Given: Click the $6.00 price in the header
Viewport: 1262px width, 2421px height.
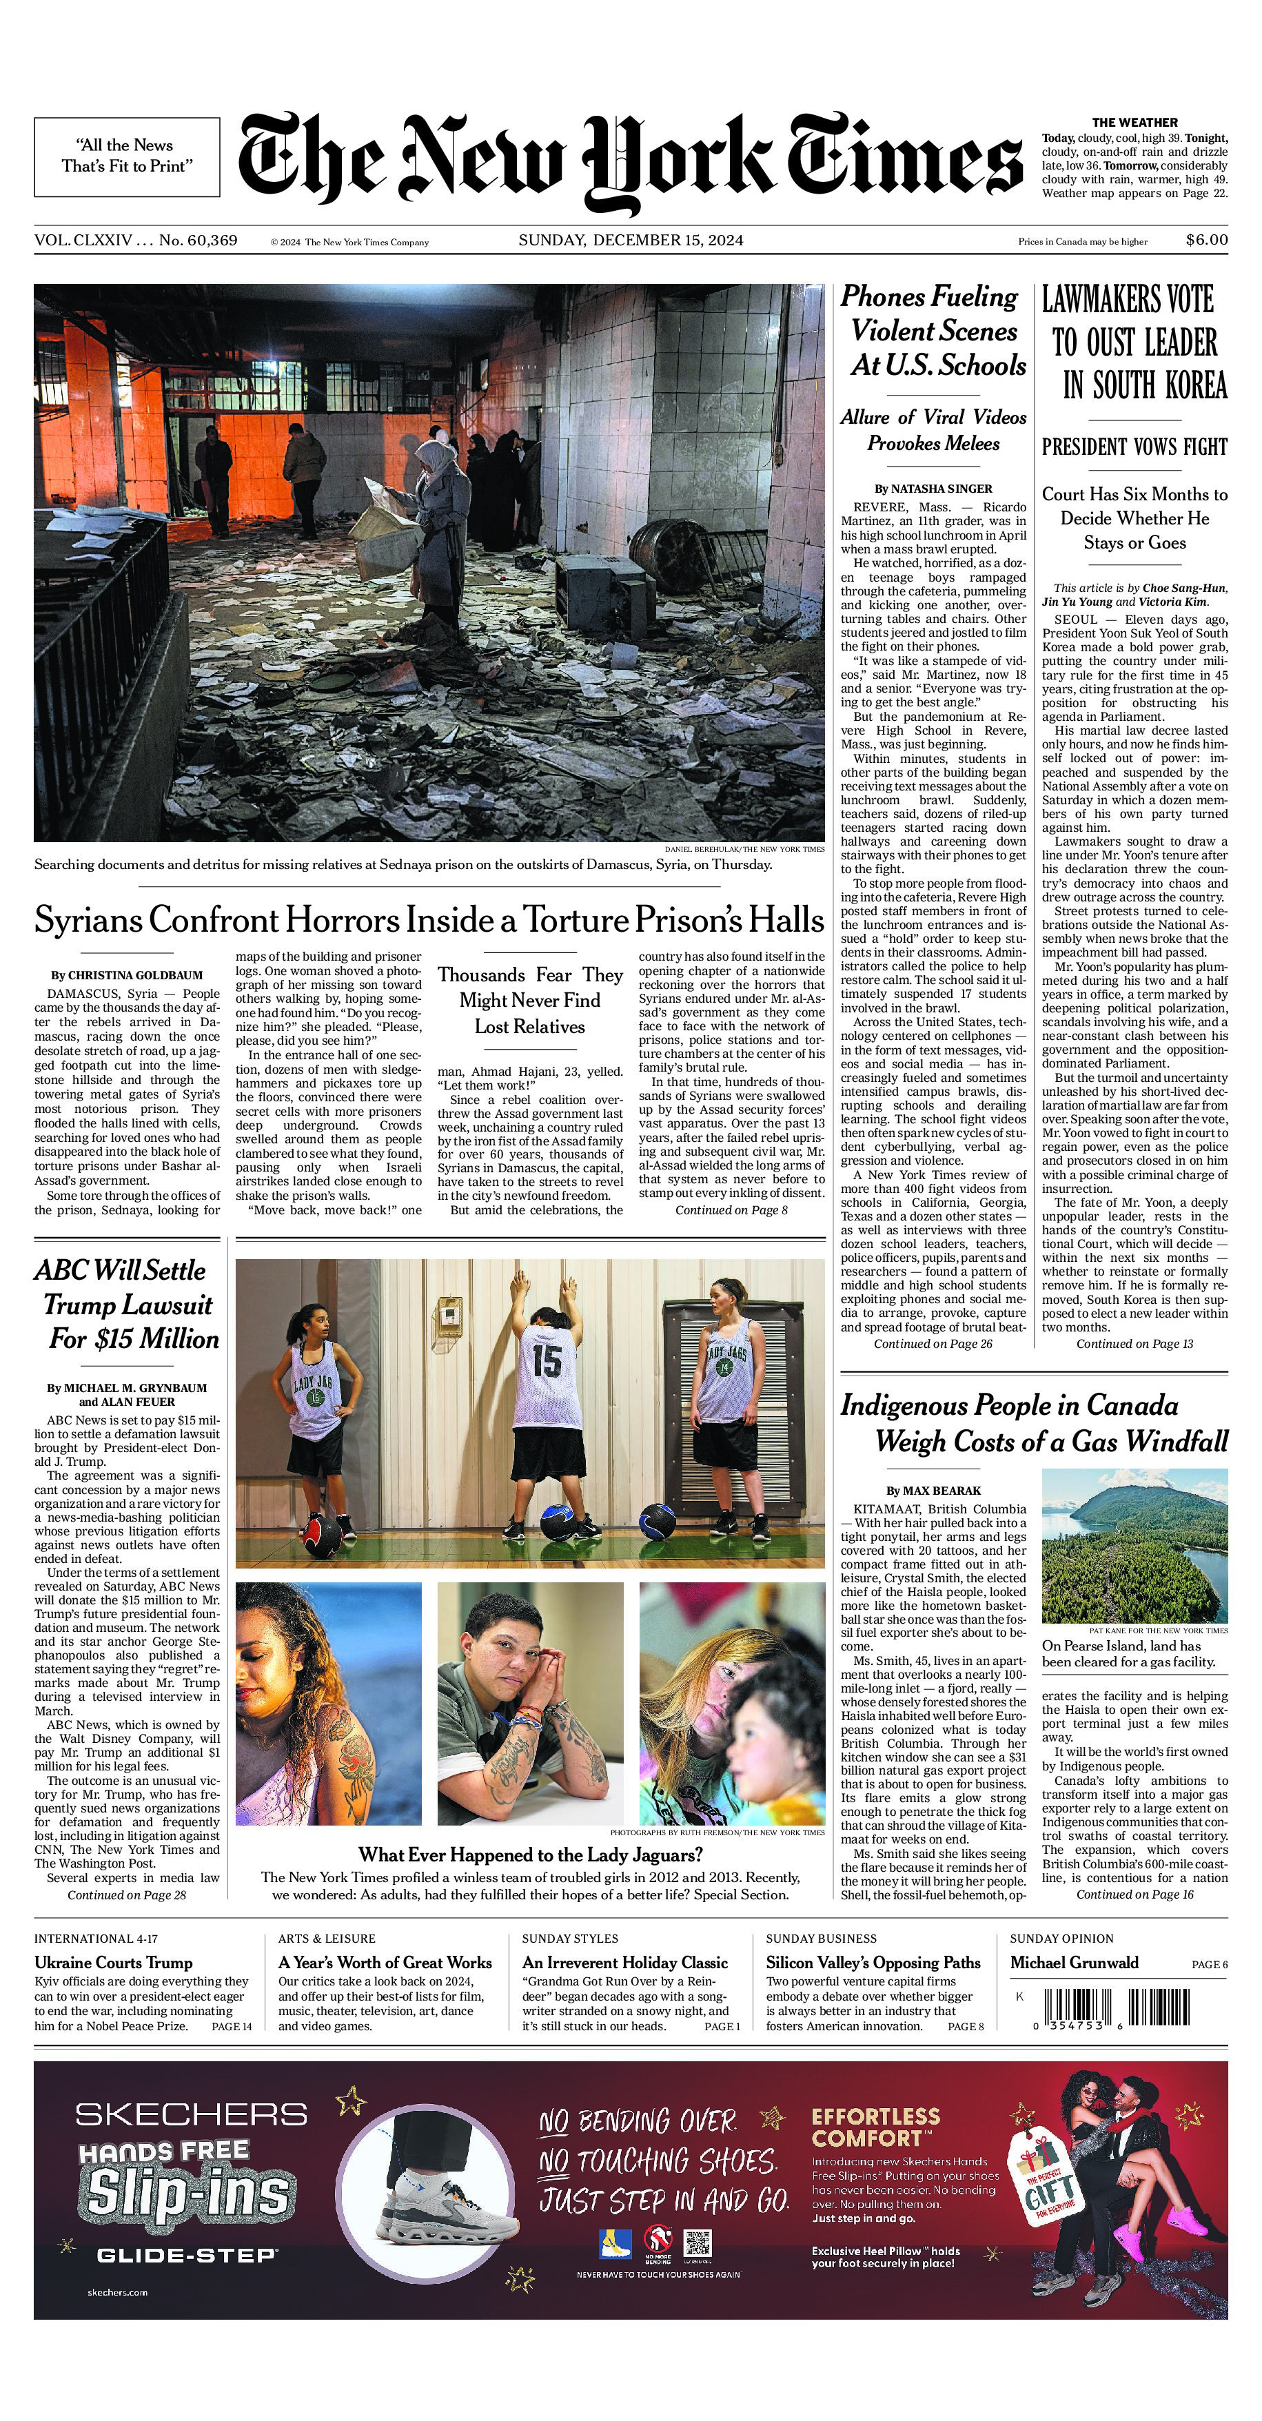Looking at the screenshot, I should pyautogui.click(x=1205, y=240).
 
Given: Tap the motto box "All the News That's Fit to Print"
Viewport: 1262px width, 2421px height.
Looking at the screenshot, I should pyautogui.click(x=127, y=156).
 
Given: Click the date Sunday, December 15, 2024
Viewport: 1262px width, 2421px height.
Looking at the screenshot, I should pyautogui.click(x=631, y=241).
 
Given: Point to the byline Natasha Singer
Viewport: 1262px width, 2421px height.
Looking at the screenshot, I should pyautogui.click(x=933, y=489).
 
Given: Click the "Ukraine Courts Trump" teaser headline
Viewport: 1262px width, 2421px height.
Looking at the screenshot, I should pyautogui.click(x=114, y=1962).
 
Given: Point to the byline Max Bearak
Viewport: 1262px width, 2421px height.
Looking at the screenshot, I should pyautogui.click(x=933, y=1491).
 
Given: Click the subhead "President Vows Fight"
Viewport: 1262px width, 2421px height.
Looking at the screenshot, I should pyautogui.click(x=1134, y=447).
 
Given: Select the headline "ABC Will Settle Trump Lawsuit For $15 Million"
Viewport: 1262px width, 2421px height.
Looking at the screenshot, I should pyautogui.click(x=127, y=1305).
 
